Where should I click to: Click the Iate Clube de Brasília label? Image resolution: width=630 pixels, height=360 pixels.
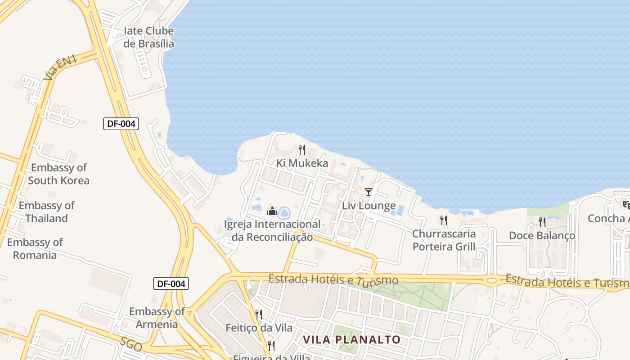click(x=148, y=37)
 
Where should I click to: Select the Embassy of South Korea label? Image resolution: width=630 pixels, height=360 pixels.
click(x=58, y=174)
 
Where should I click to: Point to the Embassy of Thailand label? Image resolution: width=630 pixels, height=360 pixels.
click(x=46, y=212)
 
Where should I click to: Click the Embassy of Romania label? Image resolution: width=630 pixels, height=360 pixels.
click(x=35, y=249)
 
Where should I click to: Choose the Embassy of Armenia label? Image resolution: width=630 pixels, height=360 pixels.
click(x=157, y=318)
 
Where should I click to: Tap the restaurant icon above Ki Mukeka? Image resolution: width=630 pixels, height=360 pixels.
click(x=302, y=150)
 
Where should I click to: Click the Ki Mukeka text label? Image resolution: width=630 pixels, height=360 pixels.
click(x=302, y=163)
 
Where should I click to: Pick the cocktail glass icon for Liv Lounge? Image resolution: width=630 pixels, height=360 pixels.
click(x=369, y=193)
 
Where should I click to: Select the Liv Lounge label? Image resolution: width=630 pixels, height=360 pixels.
click(x=369, y=206)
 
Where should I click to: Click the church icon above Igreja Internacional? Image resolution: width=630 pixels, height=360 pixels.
click(x=272, y=211)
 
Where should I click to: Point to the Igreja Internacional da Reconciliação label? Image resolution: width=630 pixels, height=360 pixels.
click(x=272, y=230)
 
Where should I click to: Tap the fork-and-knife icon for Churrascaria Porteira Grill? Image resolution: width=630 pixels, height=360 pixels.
click(x=444, y=220)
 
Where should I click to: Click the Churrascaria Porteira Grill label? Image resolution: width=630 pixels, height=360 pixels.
click(x=444, y=240)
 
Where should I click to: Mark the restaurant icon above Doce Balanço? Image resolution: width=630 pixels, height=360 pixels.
click(x=542, y=222)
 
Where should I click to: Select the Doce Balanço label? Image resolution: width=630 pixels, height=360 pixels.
click(x=542, y=236)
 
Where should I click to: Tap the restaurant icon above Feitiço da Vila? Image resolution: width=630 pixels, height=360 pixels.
click(x=259, y=314)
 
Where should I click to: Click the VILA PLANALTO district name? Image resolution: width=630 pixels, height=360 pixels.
click(x=351, y=339)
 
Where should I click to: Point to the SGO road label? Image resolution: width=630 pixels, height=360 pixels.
click(x=131, y=345)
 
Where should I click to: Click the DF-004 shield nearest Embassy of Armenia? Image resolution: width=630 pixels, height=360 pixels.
click(x=171, y=283)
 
